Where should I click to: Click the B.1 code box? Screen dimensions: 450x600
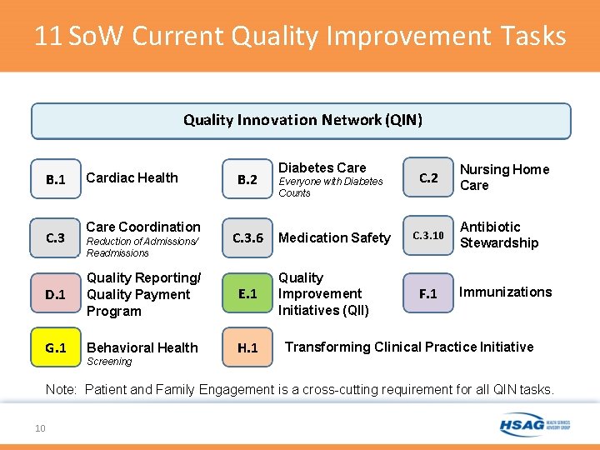pos(56,179)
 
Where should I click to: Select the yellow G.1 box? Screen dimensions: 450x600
pos(56,347)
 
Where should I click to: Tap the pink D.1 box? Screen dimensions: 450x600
pos(56,294)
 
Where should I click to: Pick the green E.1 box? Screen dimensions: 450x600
pos(247,293)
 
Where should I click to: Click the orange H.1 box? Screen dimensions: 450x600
pos(247,347)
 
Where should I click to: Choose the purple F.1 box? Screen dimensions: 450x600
pos(428,293)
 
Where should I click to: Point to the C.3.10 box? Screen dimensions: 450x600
pos(428,236)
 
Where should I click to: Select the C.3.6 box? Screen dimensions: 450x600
pos(247,237)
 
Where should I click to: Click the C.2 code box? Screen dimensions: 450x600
pos(428,177)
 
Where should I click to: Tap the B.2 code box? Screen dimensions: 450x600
pos(247,179)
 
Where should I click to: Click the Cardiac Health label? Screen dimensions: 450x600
pos(132,177)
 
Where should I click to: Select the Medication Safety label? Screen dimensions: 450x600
pos(334,237)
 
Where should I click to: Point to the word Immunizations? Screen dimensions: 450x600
pos(506,292)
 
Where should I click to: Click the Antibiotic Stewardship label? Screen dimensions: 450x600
pos(499,235)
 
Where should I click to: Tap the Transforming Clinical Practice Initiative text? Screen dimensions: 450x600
pos(409,347)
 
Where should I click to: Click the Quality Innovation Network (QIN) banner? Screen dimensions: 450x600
pos(302,121)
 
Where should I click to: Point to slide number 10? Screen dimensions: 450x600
pos(39,428)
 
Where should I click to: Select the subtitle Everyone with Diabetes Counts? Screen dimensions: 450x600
pos(330,187)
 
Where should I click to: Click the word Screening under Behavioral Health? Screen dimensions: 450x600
pos(109,362)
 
